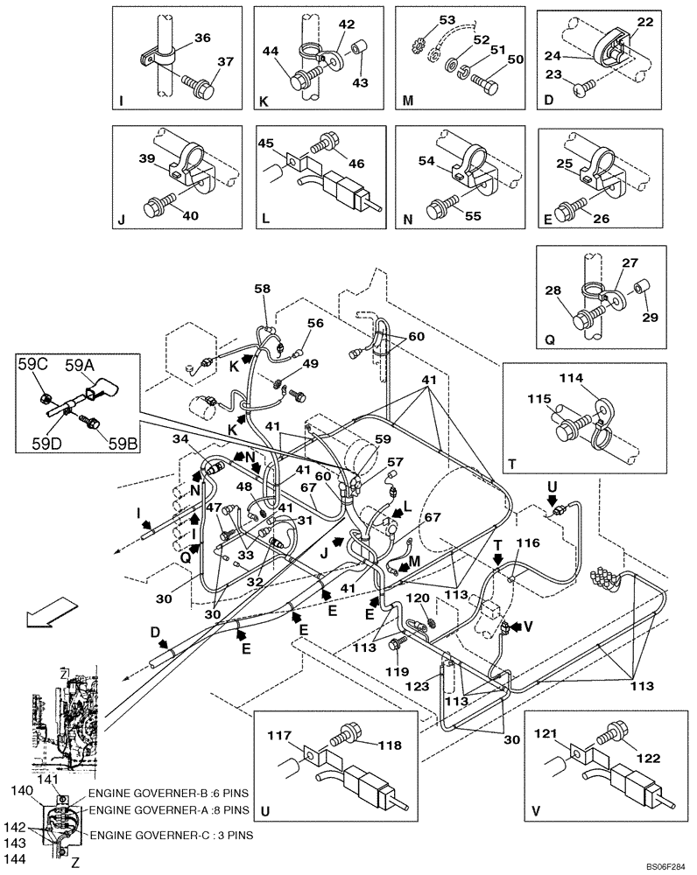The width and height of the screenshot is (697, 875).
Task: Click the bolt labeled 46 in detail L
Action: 329,142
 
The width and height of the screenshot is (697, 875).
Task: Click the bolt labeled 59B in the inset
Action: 87,423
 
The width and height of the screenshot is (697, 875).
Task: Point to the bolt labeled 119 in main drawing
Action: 395,645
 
